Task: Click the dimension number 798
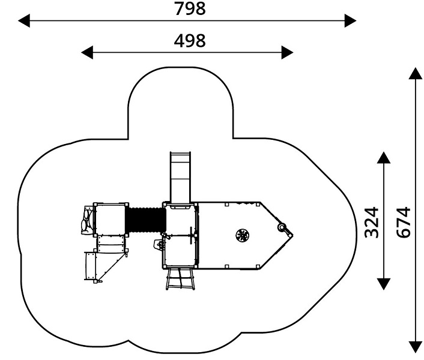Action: (190, 8)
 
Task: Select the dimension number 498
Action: (190, 41)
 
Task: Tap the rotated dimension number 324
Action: (372, 222)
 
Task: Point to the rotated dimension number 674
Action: (404, 222)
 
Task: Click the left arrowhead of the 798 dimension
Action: (24, 20)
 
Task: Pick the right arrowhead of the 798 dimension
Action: (351, 20)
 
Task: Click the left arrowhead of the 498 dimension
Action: (87, 52)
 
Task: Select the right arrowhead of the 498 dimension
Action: (288, 52)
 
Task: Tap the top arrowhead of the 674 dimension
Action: (416, 73)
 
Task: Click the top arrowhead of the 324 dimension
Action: (384, 157)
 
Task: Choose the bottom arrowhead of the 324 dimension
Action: (384, 284)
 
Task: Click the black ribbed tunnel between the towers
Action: (146, 220)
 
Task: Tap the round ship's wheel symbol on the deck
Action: (242, 235)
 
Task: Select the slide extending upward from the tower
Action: (180, 177)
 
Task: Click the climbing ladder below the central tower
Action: (180, 278)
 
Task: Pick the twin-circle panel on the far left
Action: (87, 220)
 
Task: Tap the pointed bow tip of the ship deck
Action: (293, 235)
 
